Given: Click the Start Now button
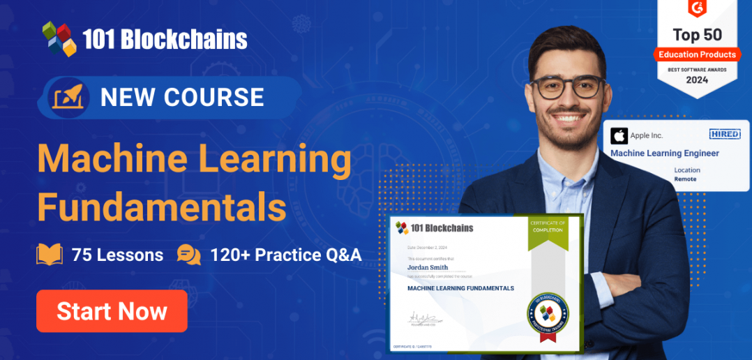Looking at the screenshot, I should click(112, 311).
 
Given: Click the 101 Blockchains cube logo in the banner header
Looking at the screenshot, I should click(59, 38).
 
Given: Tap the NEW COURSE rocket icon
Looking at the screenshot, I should click(68, 97).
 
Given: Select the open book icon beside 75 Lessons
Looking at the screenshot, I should click(50, 255).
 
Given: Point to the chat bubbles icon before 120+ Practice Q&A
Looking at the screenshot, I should click(188, 255).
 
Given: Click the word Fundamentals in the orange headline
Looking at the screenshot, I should click(161, 207).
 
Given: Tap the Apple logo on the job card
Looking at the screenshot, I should click(619, 135).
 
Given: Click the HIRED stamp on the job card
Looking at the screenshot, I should click(723, 134).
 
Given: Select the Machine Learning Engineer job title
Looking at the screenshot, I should click(664, 153).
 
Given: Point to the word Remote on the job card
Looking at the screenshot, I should click(685, 179).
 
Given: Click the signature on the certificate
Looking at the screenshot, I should click(423, 317).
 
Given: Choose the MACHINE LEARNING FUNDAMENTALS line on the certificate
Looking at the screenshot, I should click(460, 288).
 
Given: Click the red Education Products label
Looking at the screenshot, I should click(697, 54).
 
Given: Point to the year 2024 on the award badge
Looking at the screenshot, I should click(696, 80).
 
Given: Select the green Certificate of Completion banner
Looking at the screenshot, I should click(548, 226).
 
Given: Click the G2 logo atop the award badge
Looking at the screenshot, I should click(696, 9).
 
